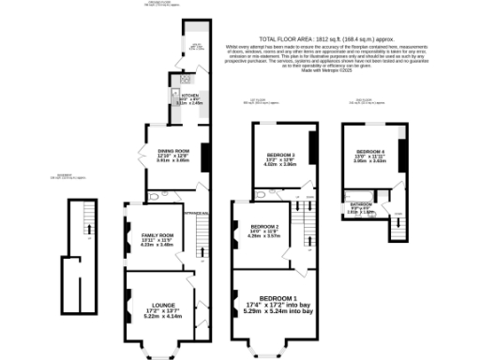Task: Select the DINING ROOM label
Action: click(x=173, y=149)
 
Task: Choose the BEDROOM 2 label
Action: click(x=264, y=227)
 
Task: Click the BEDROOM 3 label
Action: click(x=279, y=155)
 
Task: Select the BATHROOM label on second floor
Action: click(x=361, y=203)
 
